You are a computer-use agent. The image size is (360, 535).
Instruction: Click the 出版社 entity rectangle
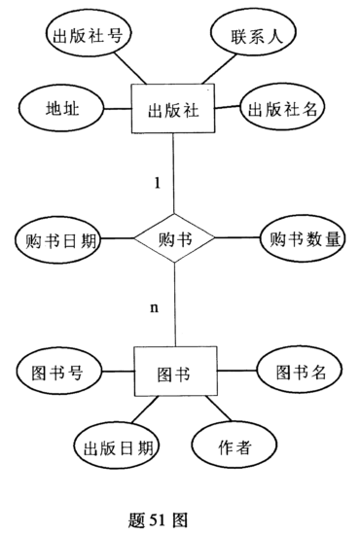pyautogui.click(x=173, y=109)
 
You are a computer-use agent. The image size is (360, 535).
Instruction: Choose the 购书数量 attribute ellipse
pyautogui.click(x=302, y=239)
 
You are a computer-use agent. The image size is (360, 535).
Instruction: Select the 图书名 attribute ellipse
pyautogui.click(x=300, y=371)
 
